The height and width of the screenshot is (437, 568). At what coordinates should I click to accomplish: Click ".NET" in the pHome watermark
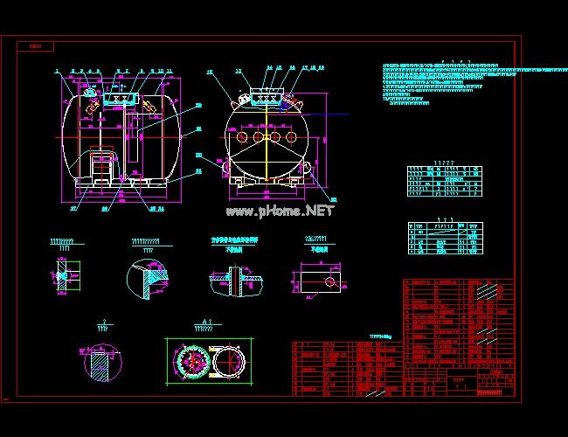[x=319, y=211]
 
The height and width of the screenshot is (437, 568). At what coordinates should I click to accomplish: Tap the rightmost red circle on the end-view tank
[x=292, y=137]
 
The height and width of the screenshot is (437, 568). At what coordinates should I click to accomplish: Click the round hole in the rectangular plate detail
[x=329, y=281]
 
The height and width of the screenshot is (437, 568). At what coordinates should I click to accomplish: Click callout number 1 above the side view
[x=55, y=70]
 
